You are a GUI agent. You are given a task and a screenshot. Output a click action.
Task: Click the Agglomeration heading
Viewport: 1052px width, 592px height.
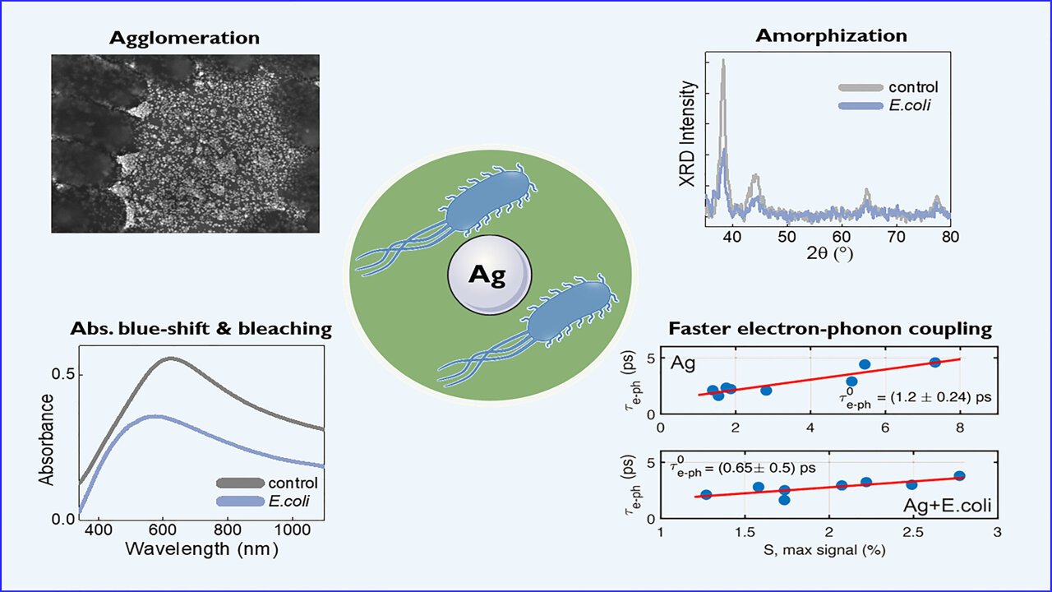(184, 38)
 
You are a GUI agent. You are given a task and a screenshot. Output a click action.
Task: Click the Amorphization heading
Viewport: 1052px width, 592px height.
(831, 35)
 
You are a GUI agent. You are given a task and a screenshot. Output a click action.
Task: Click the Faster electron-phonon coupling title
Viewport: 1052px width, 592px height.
(830, 329)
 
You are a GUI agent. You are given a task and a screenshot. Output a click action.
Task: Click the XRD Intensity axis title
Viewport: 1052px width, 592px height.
(689, 134)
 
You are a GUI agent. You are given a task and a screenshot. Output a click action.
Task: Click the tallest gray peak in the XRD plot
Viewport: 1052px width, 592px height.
(722, 62)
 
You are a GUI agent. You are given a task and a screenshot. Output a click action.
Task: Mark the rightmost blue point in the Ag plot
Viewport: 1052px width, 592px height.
(934, 363)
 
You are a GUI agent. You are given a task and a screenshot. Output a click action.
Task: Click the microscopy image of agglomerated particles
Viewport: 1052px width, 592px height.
(186, 143)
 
